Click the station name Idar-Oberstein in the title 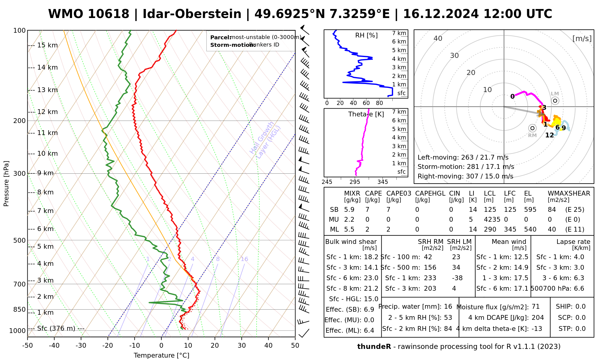pyautogui.click(x=192, y=14)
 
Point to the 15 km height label pyautogui.click(x=47, y=45)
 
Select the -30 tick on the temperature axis pyautogui.click(x=81, y=346)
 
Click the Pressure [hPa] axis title pyautogui.click(x=6, y=184)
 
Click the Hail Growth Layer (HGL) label pyautogui.click(x=265, y=140)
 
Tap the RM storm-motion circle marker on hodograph pyautogui.click(x=532, y=128)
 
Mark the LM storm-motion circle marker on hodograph pyautogui.click(x=555, y=101)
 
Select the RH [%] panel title pyautogui.click(x=366, y=35)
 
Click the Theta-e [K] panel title pyautogui.click(x=366, y=114)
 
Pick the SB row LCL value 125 pyautogui.click(x=490, y=210)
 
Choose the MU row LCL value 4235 pyautogui.click(x=492, y=220)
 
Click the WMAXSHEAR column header pyautogui.click(x=569, y=193)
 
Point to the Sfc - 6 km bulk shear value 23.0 pyautogui.click(x=371, y=278)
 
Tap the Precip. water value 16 pyautogui.click(x=448, y=307)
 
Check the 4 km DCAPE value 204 pyautogui.click(x=538, y=318)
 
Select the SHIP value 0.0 pyautogui.click(x=580, y=307)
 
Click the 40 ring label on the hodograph pyautogui.click(x=438, y=38)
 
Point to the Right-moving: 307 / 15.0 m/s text pyautogui.click(x=465, y=176)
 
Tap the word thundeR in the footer pyautogui.click(x=374, y=347)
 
